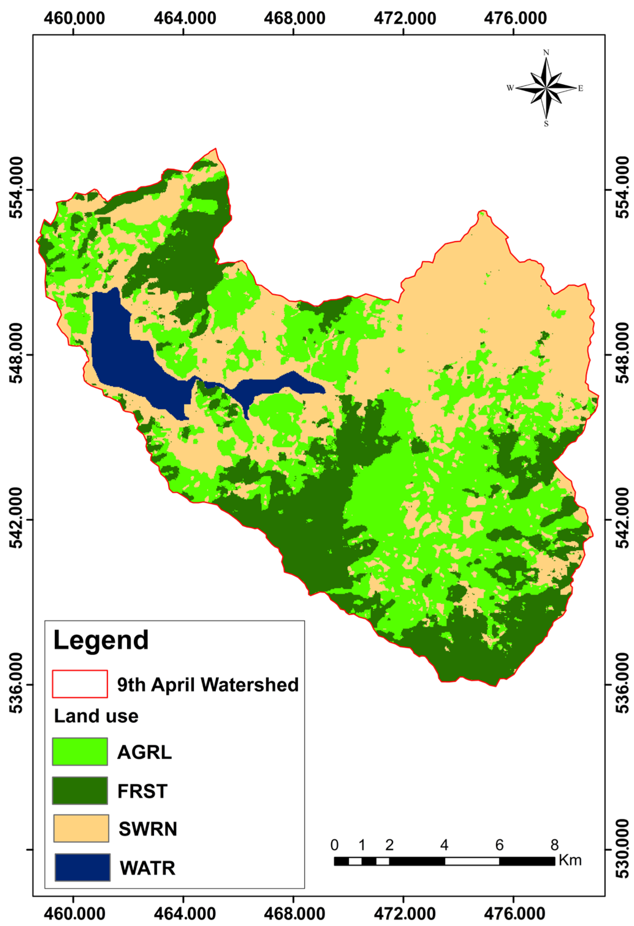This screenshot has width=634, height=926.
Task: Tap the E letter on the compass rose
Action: [x=581, y=88]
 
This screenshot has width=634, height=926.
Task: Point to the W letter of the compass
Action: [x=510, y=88]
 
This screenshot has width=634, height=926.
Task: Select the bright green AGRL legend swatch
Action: [x=80, y=751]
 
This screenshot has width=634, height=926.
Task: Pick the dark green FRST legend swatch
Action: [x=80, y=791]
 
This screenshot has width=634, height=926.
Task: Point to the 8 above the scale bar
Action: [x=554, y=845]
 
